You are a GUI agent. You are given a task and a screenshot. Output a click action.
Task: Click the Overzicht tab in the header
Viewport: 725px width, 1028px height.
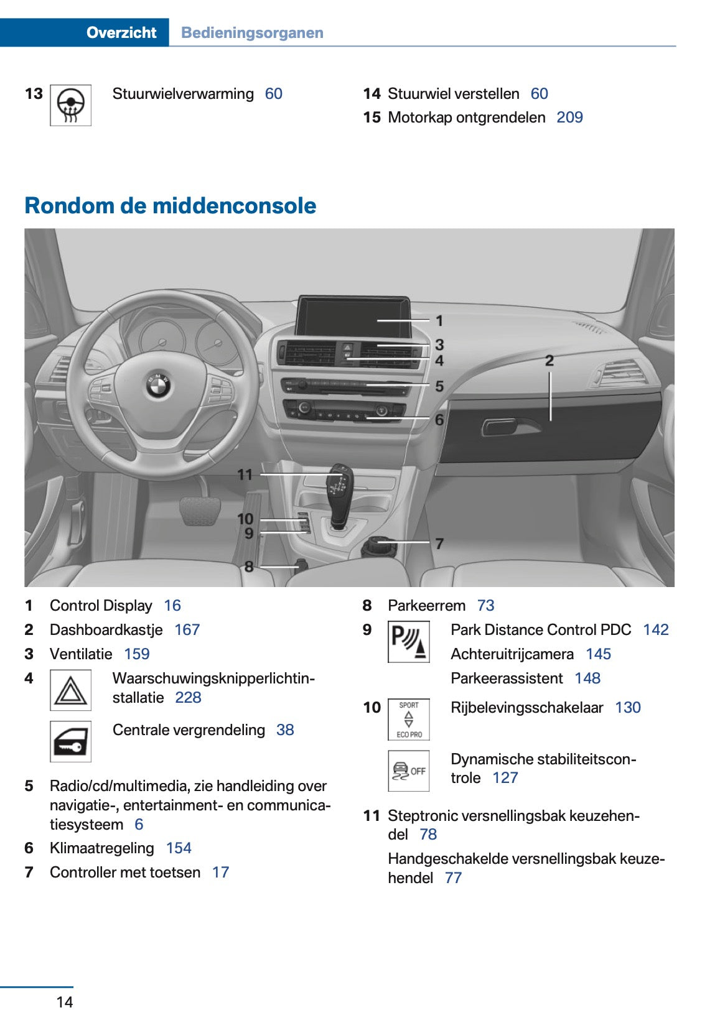pyautogui.click(x=121, y=32)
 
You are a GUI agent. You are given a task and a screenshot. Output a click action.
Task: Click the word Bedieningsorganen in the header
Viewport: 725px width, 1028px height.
pyautogui.click(x=252, y=32)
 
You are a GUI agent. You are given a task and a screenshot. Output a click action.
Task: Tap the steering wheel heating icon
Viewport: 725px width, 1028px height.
pyautogui.click(x=70, y=105)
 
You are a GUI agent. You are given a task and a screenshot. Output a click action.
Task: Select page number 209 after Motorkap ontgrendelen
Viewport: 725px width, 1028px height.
pyautogui.click(x=569, y=118)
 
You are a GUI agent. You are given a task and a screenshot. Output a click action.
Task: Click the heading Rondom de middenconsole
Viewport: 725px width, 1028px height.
pyautogui.click(x=170, y=206)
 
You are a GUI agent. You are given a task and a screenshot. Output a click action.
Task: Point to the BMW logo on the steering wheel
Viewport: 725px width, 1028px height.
pyautogui.click(x=158, y=385)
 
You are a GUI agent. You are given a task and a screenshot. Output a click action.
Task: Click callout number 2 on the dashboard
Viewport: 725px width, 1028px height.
pyautogui.click(x=549, y=361)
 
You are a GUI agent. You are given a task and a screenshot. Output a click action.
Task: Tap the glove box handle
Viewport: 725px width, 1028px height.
pyautogui.click(x=503, y=427)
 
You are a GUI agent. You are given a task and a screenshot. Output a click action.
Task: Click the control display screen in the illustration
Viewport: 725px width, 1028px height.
pyautogui.click(x=352, y=316)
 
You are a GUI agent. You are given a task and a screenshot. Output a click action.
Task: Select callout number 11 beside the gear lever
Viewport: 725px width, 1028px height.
pyautogui.click(x=245, y=475)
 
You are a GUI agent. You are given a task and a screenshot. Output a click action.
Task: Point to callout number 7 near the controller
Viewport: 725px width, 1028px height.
pyautogui.click(x=439, y=544)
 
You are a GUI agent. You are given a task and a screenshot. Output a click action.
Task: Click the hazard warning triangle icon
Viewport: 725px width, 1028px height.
pyautogui.click(x=70, y=690)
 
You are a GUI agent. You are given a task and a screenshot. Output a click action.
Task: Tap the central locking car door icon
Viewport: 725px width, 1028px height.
pyautogui.click(x=70, y=741)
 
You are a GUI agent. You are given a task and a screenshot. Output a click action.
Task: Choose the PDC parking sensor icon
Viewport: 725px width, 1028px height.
pyautogui.click(x=408, y=642)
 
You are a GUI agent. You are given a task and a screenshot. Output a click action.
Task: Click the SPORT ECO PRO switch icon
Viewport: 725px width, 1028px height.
pyautogui.click(x=408, y=720)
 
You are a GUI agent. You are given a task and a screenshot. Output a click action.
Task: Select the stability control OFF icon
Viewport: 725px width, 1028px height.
pyautogui.click(x=408, y=771)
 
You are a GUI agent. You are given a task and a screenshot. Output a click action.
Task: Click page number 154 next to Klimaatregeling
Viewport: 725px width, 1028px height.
pyautogui.click(x=179, y=848)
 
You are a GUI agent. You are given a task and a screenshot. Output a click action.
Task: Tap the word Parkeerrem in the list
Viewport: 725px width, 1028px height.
pyautogui.click(x=426, y=606)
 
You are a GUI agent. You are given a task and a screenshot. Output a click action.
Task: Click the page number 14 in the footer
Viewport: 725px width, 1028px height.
pyautogui.click(x=65, y=1002)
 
